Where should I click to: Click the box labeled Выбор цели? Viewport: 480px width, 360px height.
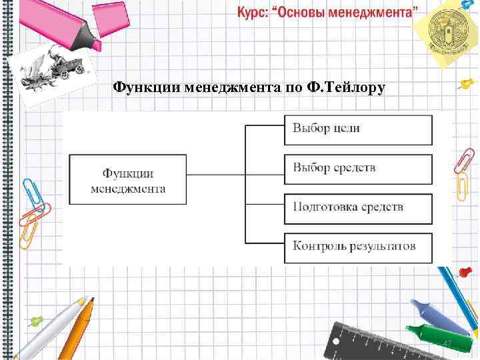(x=358, y=129)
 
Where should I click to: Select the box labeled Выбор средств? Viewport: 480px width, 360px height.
(x=358, y=167)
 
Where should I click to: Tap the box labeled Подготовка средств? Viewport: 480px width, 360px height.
(x=358, y=207)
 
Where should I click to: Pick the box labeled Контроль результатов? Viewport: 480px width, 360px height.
(x=358, y=246)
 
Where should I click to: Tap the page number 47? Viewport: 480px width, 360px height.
(x=448, y=343)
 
